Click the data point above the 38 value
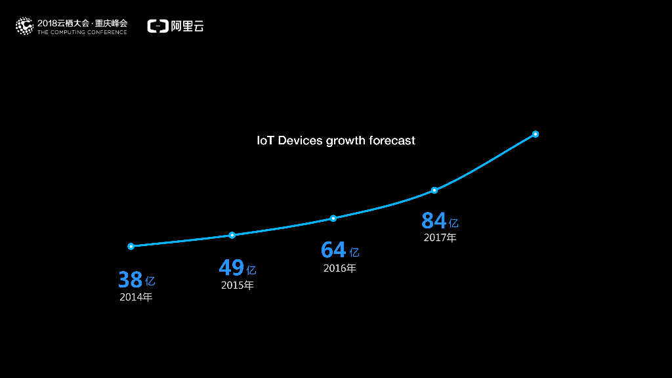(131, 246)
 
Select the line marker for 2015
(232, 235)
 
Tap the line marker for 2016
(333, 218)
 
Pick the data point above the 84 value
(434, 190)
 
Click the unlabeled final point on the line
(535, 134)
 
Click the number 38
(130, 280)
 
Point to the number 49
(231, 268)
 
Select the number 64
(333, 250)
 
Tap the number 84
(434, 220)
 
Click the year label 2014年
(136, 297)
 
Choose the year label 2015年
(237, 285)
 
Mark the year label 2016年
(339, 268)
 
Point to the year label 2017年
(440, 238)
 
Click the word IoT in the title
(265, 140)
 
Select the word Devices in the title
(301, 140)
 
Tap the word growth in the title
(346, 141)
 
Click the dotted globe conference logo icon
(24, 26)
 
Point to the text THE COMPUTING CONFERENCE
(82, 32)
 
